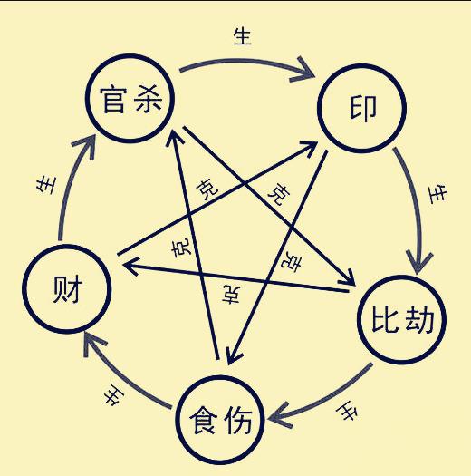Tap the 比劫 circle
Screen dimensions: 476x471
(x=402, y=320)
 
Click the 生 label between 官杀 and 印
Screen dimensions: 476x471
(x=243, y=36)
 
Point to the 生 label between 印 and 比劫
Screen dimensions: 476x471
(x=437, y=193)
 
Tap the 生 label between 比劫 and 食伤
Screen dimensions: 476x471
(x=346, y=413)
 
